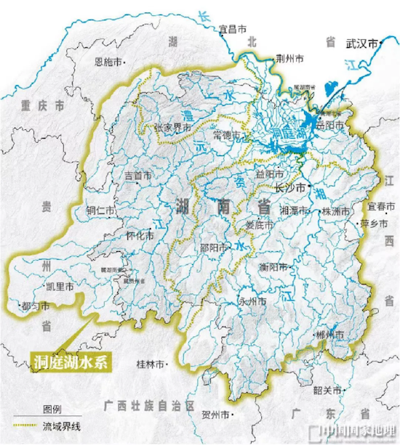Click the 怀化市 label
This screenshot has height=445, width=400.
coord(139,236)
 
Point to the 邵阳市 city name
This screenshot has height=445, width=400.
coord(215,246)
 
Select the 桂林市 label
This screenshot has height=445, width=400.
coord(151,362)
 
